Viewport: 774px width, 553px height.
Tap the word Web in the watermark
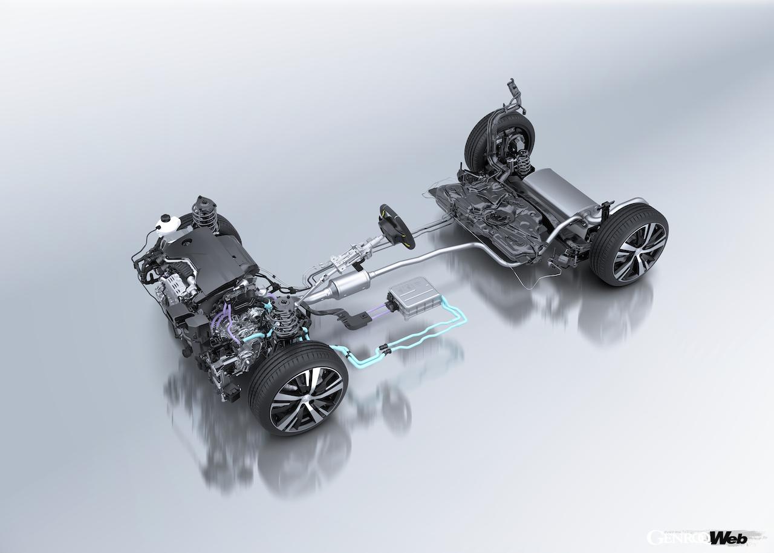coord(728,538)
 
